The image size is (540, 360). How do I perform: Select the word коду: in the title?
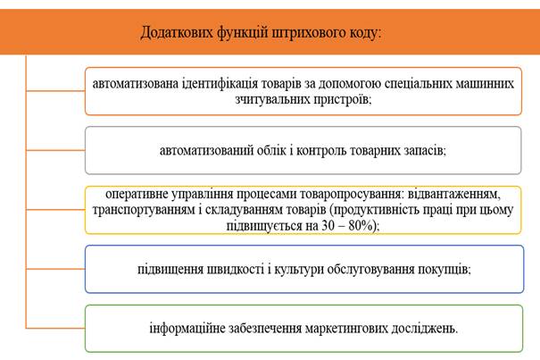point(366,33)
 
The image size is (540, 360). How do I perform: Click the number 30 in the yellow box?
point(328,225)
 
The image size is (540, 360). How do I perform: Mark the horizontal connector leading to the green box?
point(55,328)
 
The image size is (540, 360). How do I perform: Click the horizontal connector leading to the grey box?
point(55,150)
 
